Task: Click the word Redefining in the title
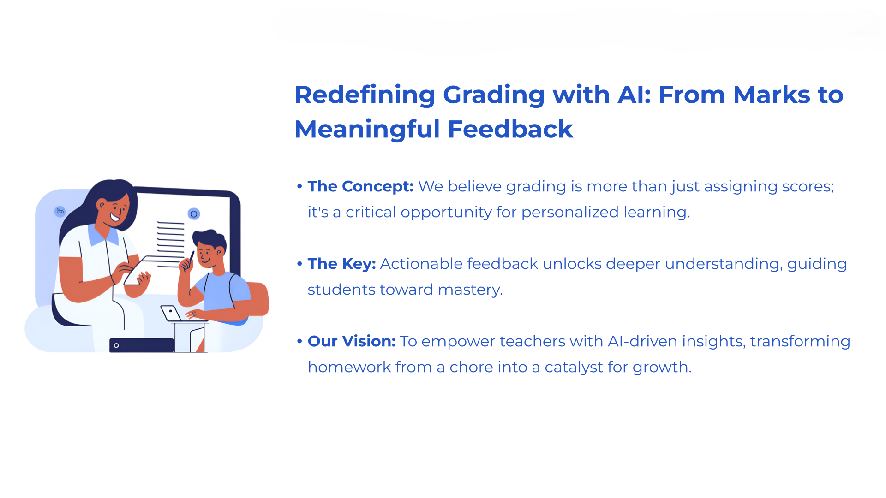pos(365,95)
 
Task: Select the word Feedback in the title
pos(510,129)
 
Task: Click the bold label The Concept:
pos(360,186)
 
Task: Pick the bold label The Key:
pos(341,264)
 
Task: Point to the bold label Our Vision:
pos(352,341)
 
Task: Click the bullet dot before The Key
pos(299,264)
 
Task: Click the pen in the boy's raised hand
pos(191,256)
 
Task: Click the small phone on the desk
pos(171,313)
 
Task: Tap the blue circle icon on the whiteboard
pos(194,214)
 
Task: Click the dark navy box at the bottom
pos(141,345)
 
